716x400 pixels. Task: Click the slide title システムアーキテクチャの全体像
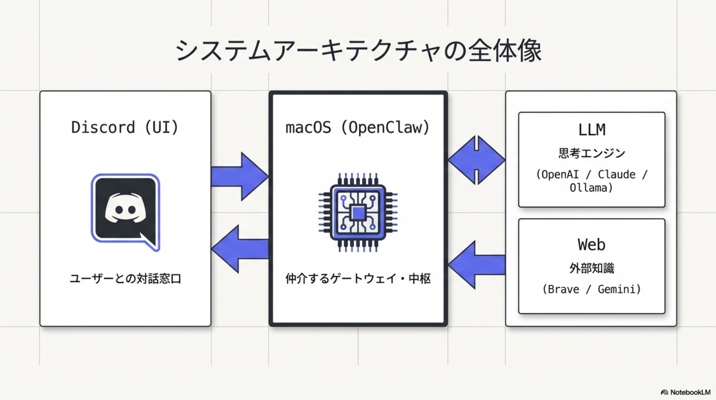(358, 51)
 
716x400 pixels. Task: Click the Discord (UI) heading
(125, 127)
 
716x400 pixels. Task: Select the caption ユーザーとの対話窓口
(125, 279)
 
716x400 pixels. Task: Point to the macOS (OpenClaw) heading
(358, 128)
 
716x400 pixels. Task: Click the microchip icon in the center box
(358, 213)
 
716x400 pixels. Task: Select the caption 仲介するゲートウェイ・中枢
(358, 279)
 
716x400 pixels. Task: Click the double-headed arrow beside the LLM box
(476, 160)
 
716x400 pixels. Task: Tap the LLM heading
(591, 130)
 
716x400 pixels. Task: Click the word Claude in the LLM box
(617, 175)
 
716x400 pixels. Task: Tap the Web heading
(591, 245)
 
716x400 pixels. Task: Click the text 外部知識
(591, 268)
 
